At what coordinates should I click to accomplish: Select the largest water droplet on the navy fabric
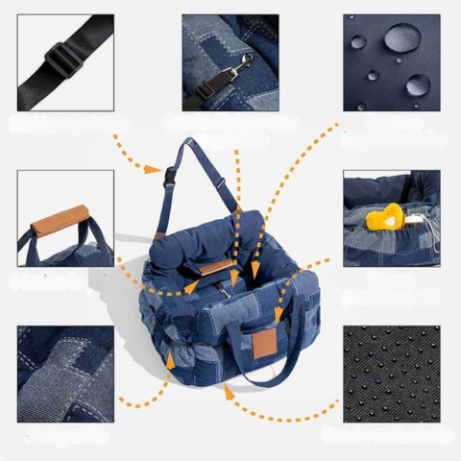click(x=400, y=37)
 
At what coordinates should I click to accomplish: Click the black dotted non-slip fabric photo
click(x=391, y=375)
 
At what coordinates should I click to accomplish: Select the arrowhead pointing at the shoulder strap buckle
click(x=155, y=170)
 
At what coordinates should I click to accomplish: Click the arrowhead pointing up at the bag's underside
click(x=228, y=390)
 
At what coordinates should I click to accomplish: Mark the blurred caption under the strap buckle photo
click(x=65, y=123)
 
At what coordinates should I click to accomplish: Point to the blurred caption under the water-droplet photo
click(x=391, y=131)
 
